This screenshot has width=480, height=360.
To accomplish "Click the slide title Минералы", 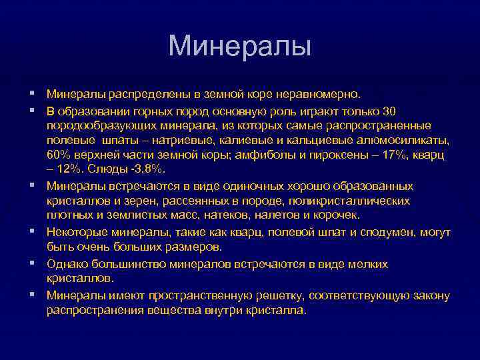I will pyautogui.click(x=239, y=46).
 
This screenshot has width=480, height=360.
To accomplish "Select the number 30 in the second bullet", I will pyautogui.click(x=391, y=110).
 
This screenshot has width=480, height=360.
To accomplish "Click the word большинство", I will pyautogui.click(x=125, y=264).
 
